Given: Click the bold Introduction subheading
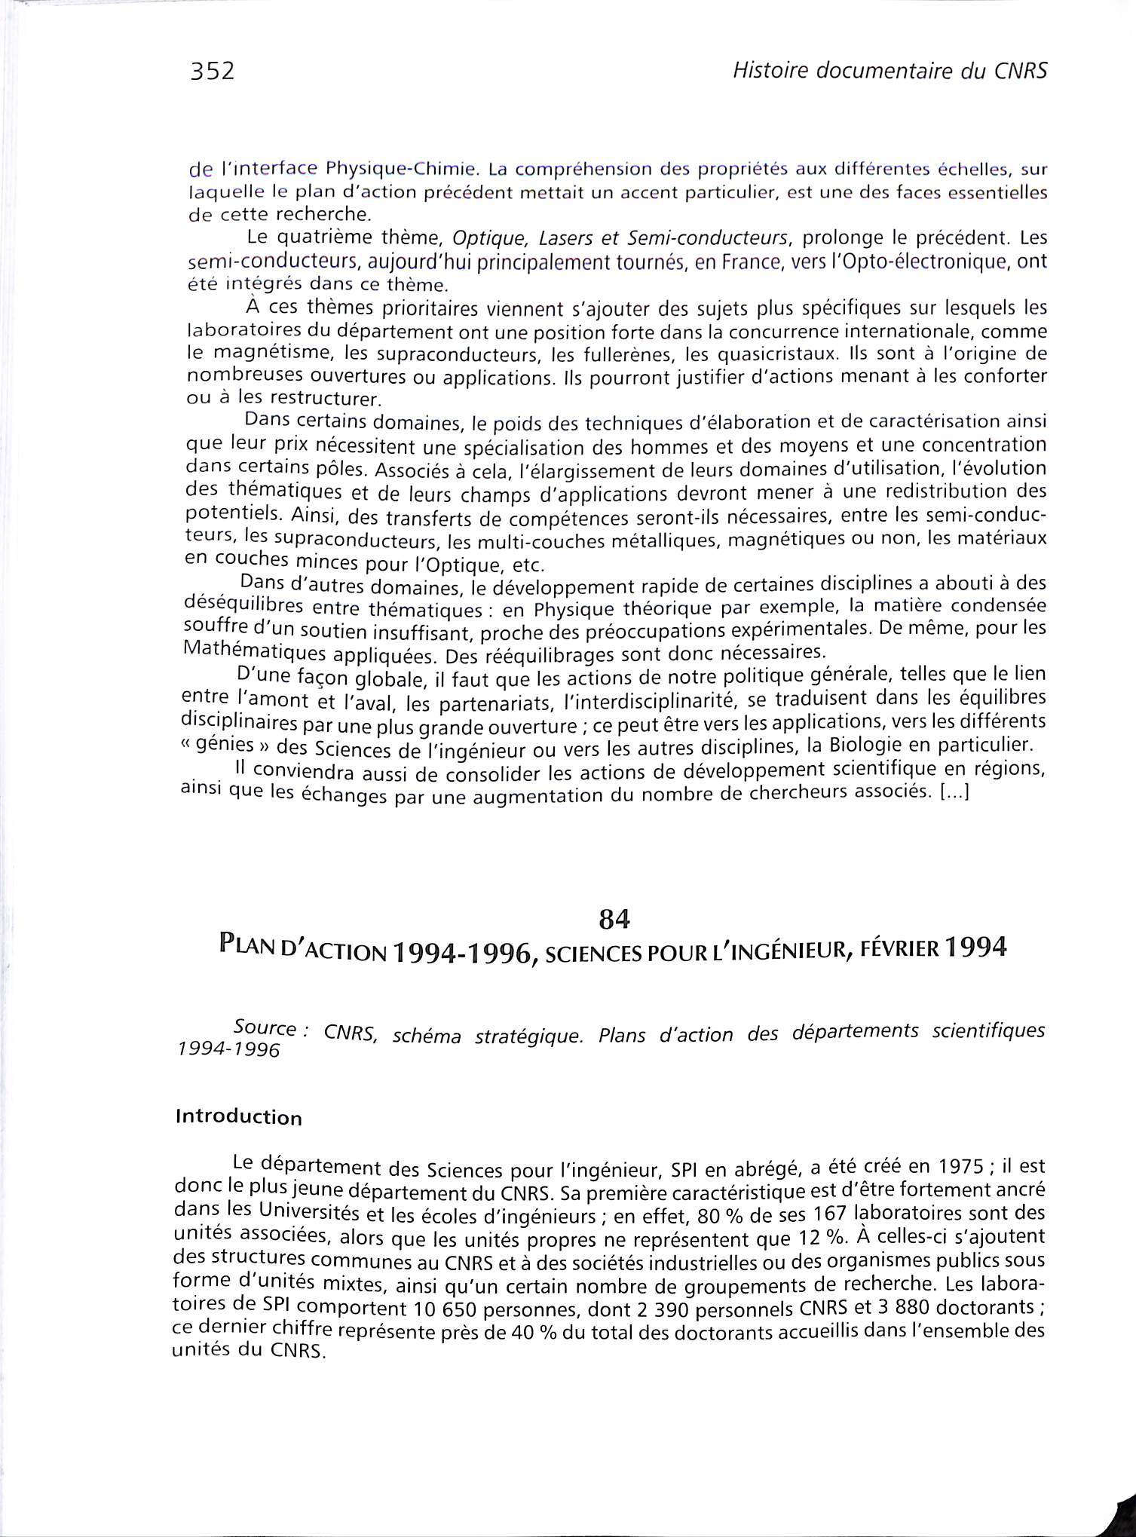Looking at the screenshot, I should pos(238,1116).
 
